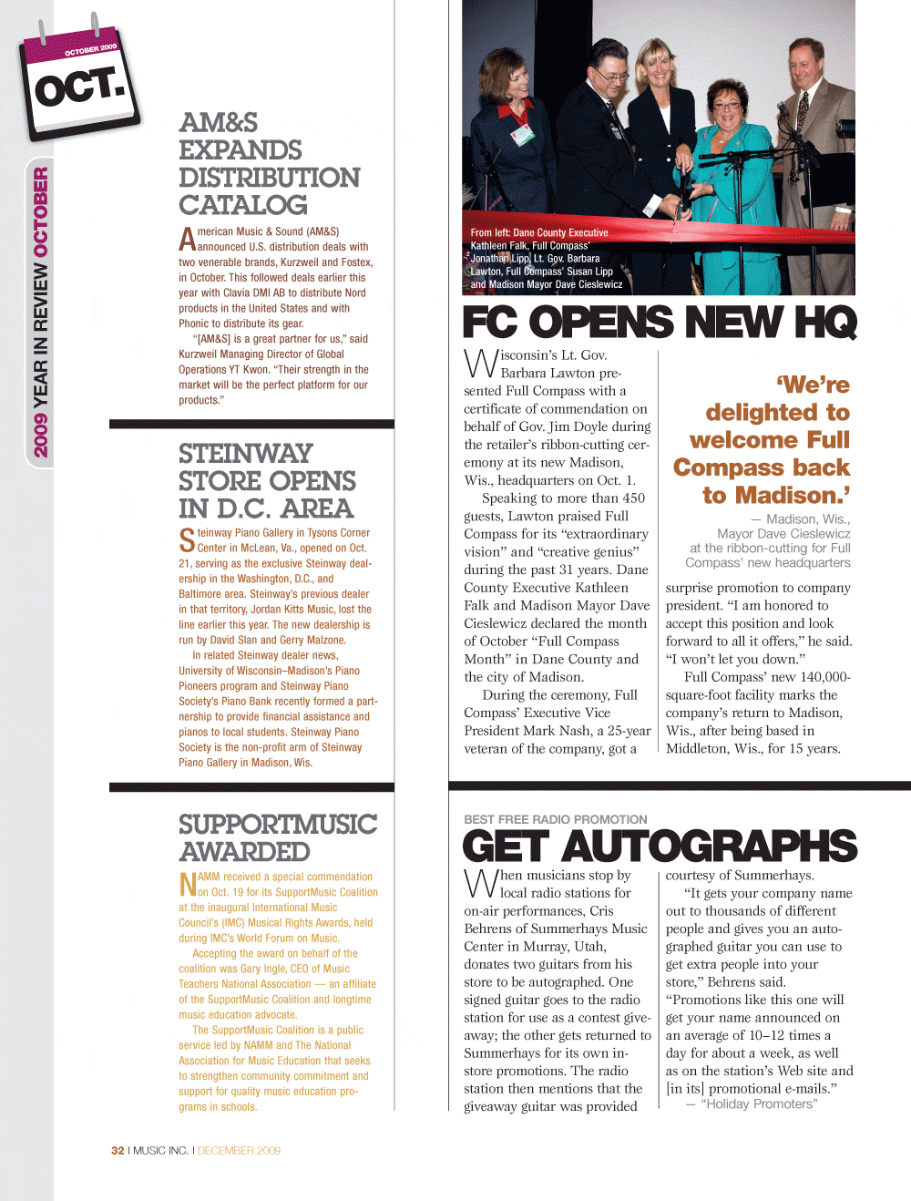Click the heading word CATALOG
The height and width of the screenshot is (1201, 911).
[242, 205]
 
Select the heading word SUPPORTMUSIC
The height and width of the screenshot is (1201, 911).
[277, 825]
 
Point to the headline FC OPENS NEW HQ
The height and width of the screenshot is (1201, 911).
[659, 323]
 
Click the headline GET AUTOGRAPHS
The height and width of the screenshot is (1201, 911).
[659, 847]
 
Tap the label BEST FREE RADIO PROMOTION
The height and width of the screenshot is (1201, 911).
[555, 819]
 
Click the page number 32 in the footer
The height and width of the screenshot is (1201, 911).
[118, 1151]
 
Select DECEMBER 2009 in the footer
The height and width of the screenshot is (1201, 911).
[239, 1151]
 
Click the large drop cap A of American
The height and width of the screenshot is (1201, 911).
[187, 240]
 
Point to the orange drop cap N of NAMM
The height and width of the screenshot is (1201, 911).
[188, 885]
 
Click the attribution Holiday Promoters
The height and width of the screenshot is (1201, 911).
[758, 1104]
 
